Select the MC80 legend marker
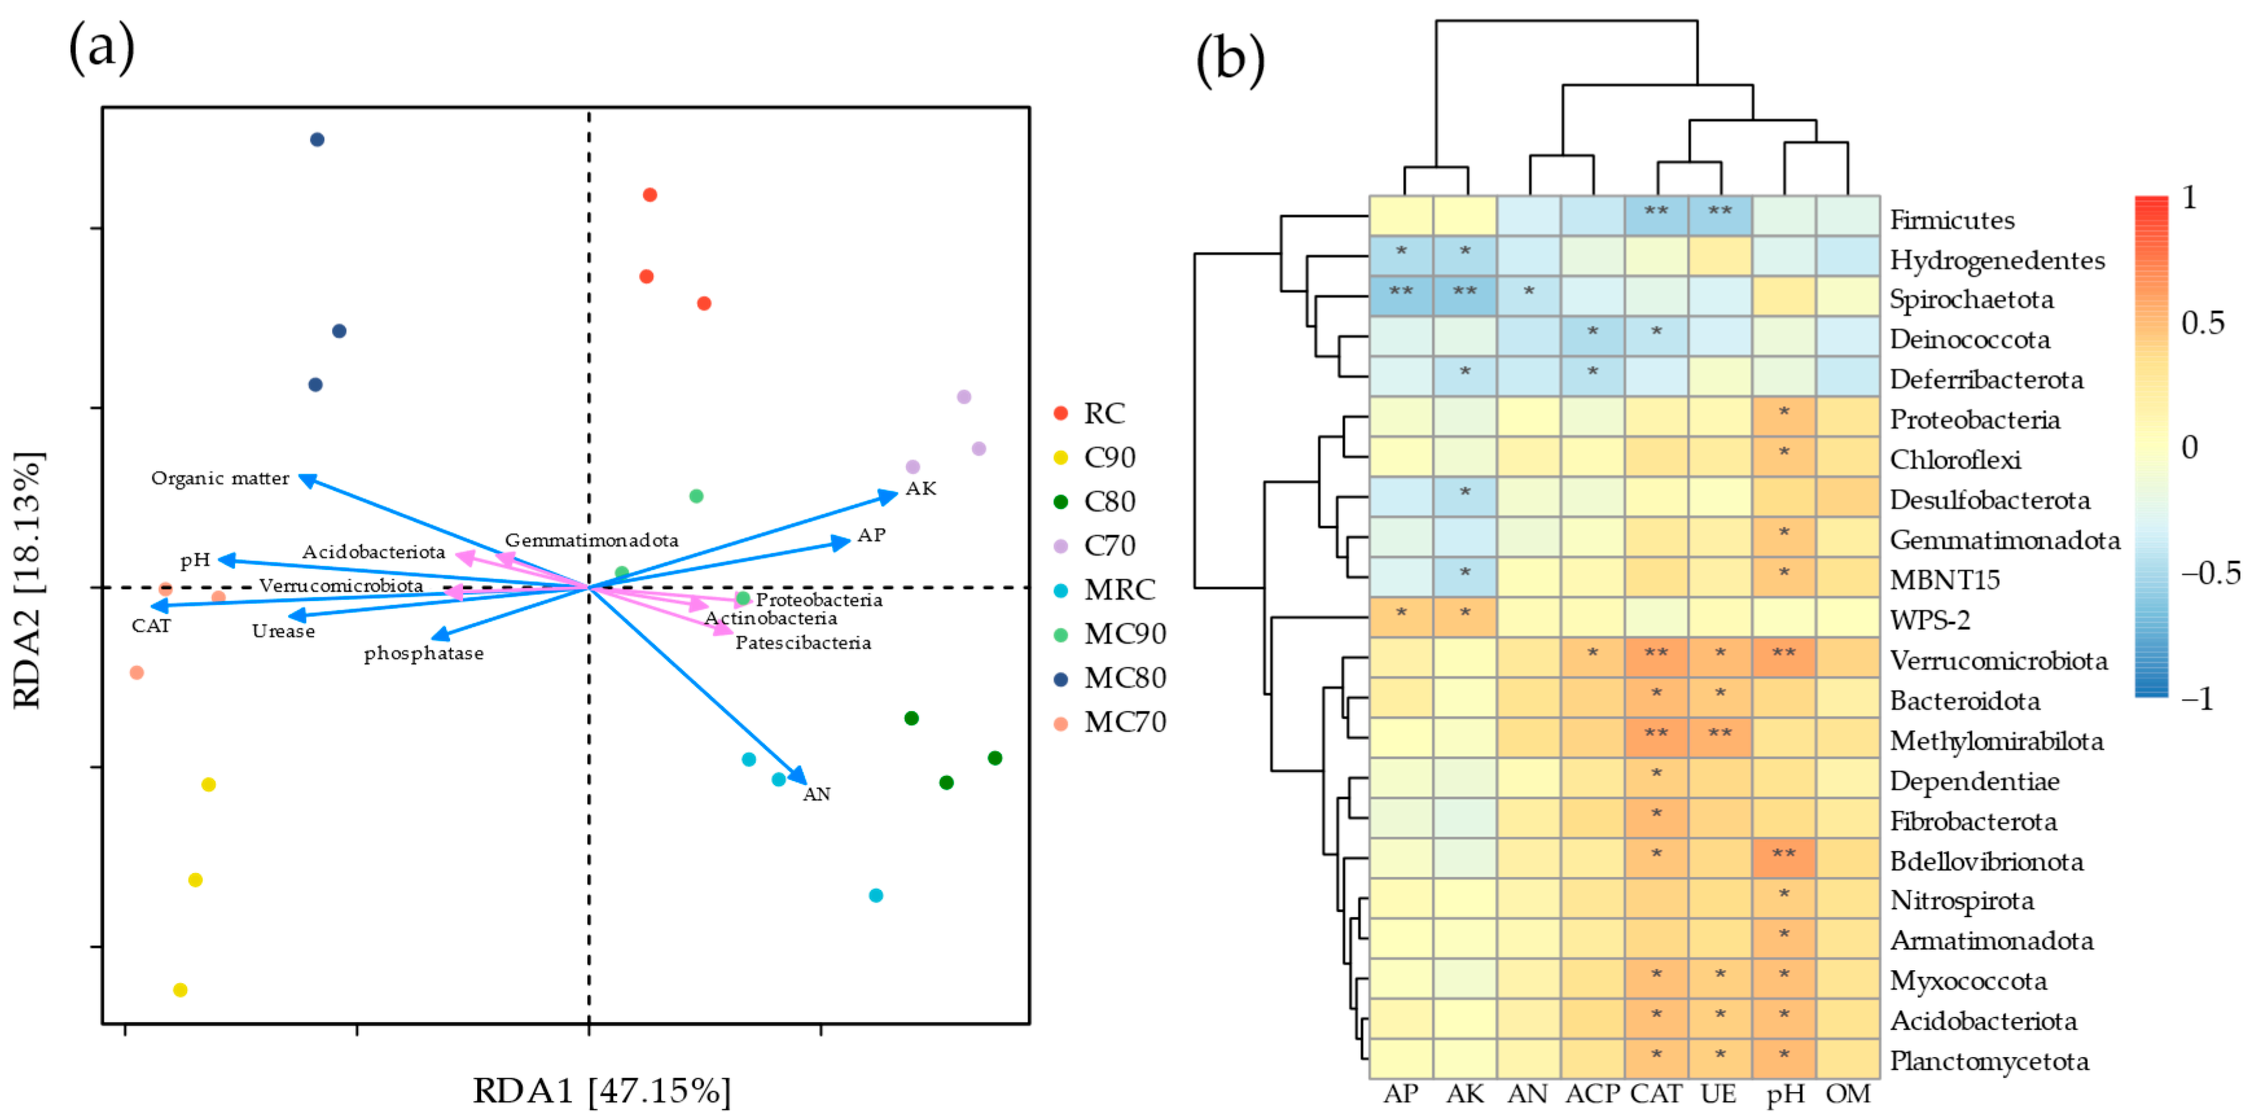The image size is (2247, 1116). tap(1061, 679)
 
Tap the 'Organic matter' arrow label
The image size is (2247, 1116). tap(220, 478)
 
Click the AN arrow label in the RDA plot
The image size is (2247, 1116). tap(817, 794)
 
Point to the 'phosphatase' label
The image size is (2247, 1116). tap(424, 654)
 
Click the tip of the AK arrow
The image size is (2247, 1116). tap(895, 495)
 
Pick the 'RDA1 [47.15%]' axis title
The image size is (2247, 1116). tap(602, 1091)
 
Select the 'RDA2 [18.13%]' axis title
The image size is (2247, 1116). tap(28, 580)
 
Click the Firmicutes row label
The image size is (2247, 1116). tap(1952, 220)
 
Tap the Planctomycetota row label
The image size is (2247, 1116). tap(1990, 1061)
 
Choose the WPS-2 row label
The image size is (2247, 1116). tap(1930, 621)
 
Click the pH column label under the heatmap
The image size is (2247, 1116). tap(1785, 1094)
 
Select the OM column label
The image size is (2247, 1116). tap(1848, 1094)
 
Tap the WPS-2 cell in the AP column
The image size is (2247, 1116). tap(1401, 617)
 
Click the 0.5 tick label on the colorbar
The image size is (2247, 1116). tap(2202, 323)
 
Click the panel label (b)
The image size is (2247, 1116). tap(1230, 60)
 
